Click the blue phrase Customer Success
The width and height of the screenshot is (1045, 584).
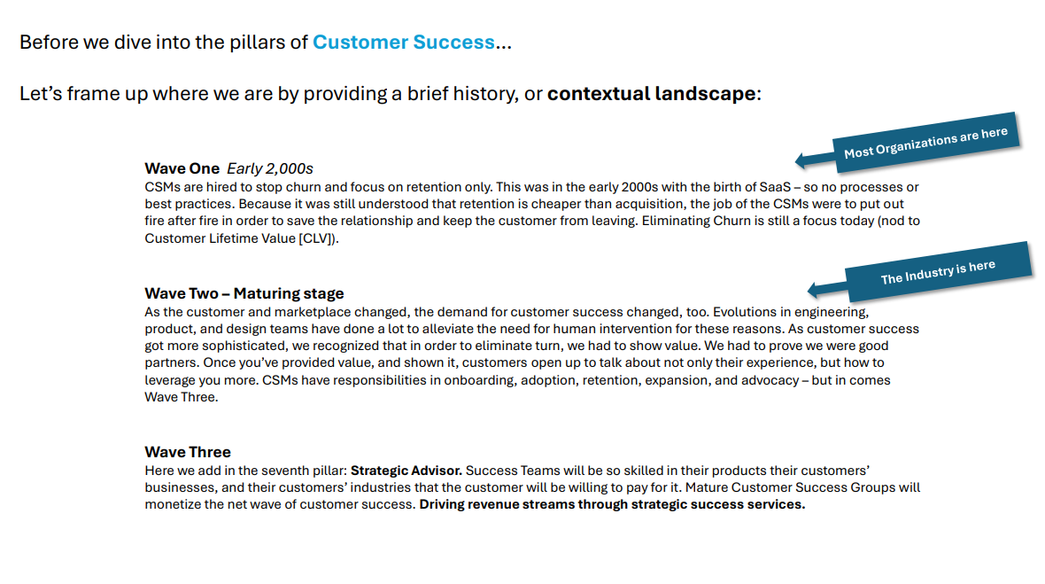point(403,43)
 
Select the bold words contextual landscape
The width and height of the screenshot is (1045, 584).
point(651,94)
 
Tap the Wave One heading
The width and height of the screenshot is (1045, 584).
point(182,168)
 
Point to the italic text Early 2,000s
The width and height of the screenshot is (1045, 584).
point(270,168)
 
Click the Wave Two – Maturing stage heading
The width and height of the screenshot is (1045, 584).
point(244,293)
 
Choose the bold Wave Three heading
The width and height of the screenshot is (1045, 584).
point(188,452)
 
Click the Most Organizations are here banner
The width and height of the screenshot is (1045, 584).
point(925,141)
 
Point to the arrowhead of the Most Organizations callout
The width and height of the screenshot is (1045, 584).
point(801,160)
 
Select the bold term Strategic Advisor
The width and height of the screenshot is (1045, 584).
point(406,470)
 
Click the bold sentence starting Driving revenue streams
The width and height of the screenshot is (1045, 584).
point(612,504)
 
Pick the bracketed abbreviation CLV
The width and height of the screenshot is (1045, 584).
point(317,238)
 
